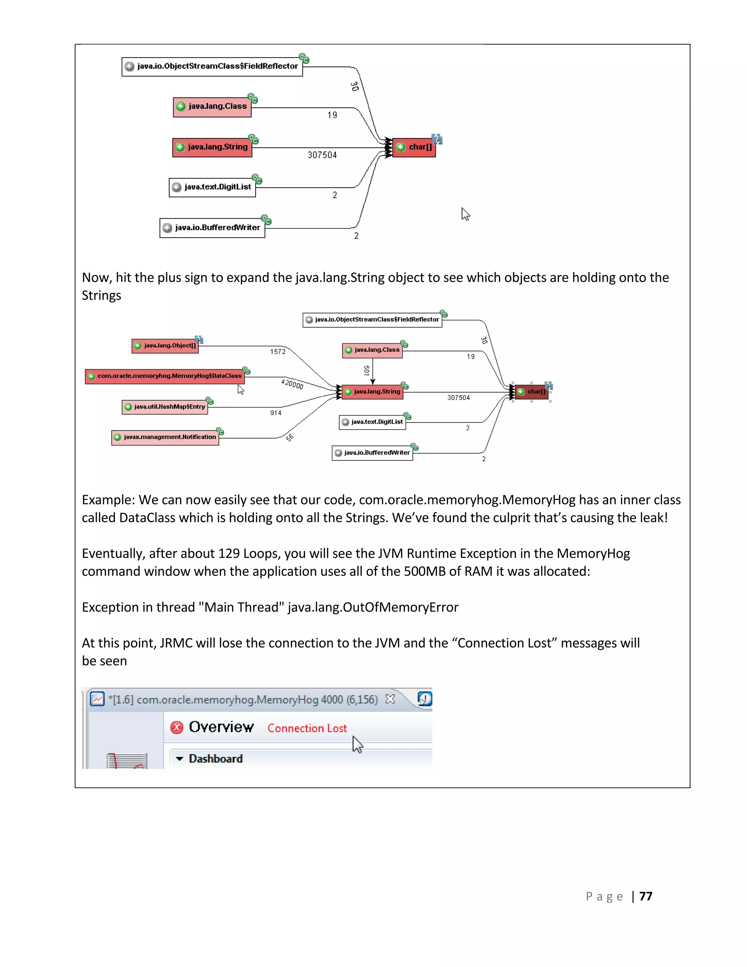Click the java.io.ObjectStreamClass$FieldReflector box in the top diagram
pyautogui.click(x=212, y=66)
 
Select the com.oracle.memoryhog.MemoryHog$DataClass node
pyautogui.click(x=165, y=376)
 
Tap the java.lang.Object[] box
pyautogui.click(x=165, y=346)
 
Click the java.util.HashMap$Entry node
pyautogui.click(x=165, y=407)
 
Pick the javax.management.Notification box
pyautogui.click(x=165, y=437)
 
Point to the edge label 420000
pyautogui.click(x=292, y=384)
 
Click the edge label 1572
pyautogui.click(x=278, y=351)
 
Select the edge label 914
pyautogui.click(x=276, y=413)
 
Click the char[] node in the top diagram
pyautogui.click(x=414, y=147)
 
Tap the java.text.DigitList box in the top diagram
pyautogui.click(x=212, y=187)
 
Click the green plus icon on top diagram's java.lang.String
pyautogui.click(x=180, y=147)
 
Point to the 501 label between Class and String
pyautogui.click(x=367, y=370)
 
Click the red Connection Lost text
pyautogui.click(x=307, y=728)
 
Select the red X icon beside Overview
pyautogui.click(x=177, y=728)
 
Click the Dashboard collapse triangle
pyautogui.click(x=179, y=759)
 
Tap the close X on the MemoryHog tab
pyautogui.click(x=390, y=699)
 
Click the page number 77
pyautogui.click(x=646, y=896)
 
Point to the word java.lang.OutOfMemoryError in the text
pyautogui.click(x=373, y=607)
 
